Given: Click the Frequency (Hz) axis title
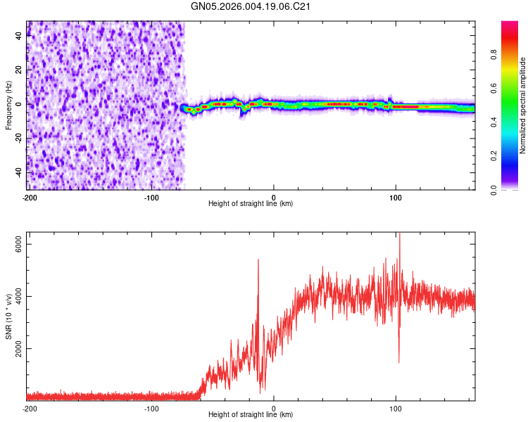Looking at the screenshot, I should [8, 105].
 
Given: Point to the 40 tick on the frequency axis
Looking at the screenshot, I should [18, 36].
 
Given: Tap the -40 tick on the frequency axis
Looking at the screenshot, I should [18, 172].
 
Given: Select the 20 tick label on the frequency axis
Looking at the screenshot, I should [18, 70].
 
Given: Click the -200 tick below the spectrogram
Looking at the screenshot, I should [29, 196].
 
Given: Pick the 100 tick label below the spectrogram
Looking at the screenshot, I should [396, 196].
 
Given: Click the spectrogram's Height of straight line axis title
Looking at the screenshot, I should [251, 204].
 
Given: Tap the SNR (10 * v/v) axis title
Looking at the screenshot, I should [8, 316].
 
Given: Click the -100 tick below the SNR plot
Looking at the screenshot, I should [151, 408].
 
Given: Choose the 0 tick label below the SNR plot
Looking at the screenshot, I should [274, 408].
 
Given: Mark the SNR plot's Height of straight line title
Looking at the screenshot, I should [251, 415].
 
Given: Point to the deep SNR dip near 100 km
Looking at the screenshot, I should [398, 362].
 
